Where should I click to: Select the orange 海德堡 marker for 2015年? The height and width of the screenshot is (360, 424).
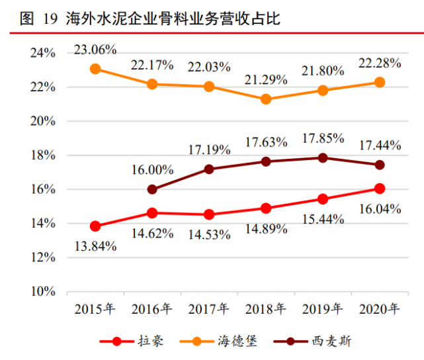click(95, 69)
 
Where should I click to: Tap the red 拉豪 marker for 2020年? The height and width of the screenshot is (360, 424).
click(380, 189)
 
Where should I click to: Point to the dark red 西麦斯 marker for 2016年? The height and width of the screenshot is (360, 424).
click(152, 189)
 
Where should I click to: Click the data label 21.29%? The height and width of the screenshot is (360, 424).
click(265, 80)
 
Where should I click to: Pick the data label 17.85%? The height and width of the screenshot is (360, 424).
click(322, 138)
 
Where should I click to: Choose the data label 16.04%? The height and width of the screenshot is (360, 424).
click(379, 209)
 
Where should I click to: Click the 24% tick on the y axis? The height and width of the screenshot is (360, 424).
click(46, 53)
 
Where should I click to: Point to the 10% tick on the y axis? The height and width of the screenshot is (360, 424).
click(46, 291)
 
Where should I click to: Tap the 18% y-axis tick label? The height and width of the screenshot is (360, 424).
click(46, 156)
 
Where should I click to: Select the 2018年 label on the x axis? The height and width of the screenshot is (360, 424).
click(265, 309)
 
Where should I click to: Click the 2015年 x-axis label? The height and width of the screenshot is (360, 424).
click(95, 309)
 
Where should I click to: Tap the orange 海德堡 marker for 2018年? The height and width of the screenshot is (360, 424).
click(266, 99)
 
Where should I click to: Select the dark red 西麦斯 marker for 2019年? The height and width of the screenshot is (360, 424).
click(323, 158)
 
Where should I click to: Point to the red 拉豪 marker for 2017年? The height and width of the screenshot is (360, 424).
click(209, 214)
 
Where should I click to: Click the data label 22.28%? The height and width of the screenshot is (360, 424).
click(379, 63)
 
